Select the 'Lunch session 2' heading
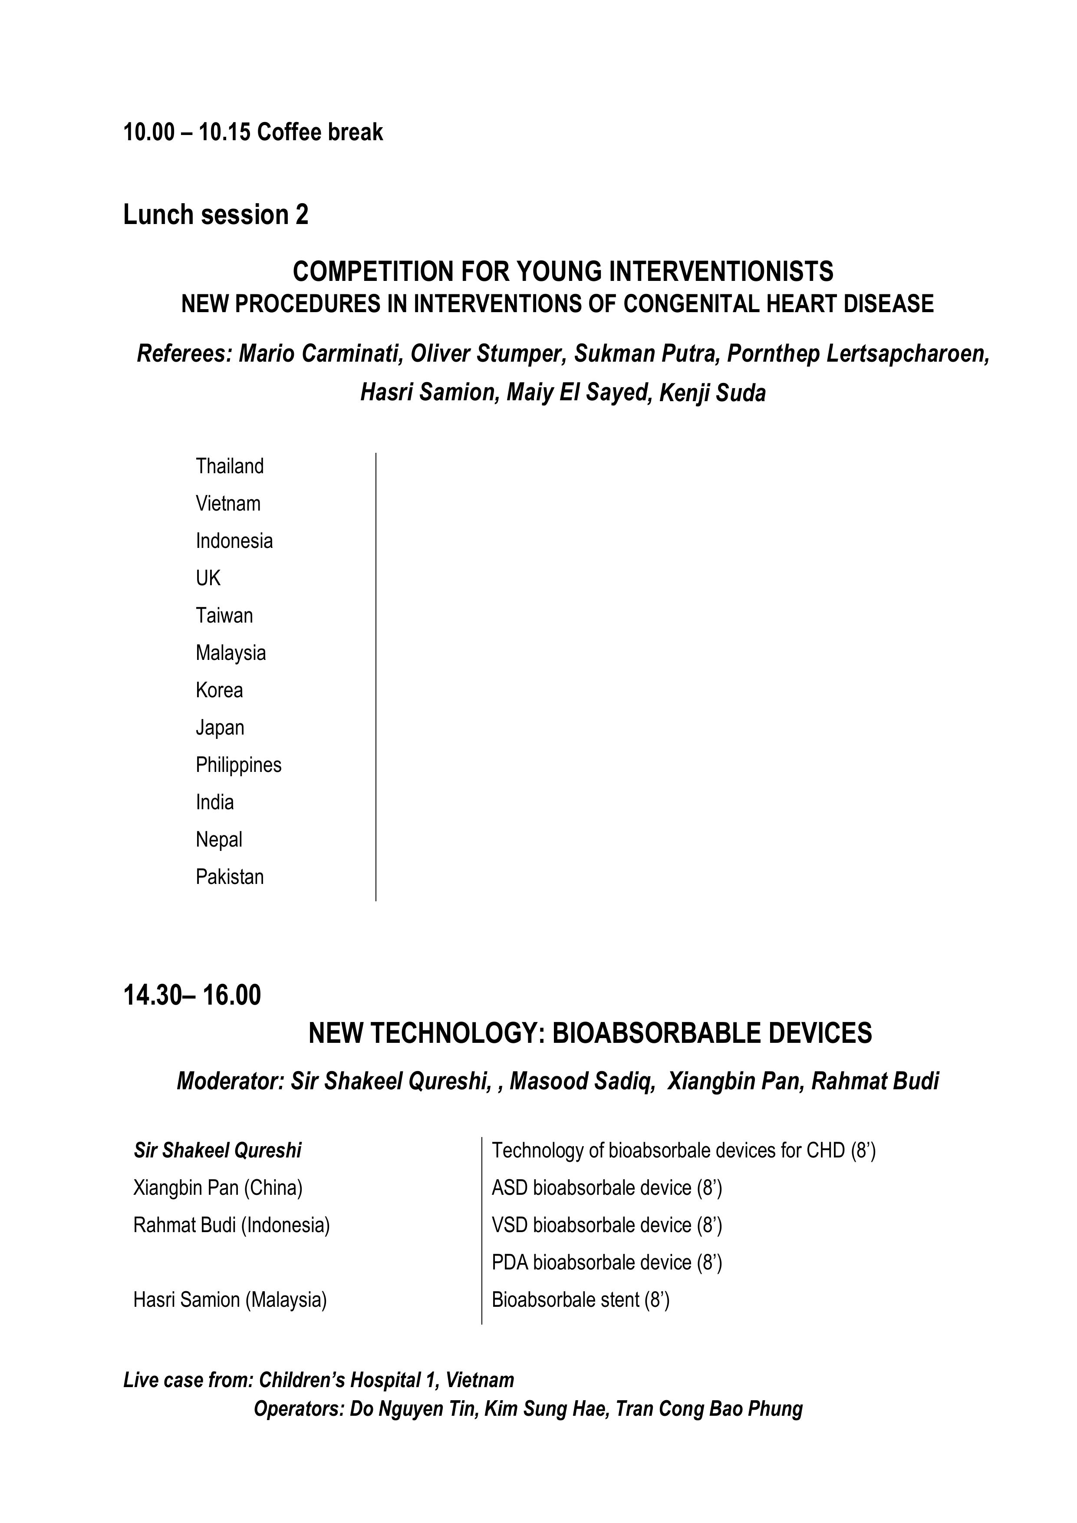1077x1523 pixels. tap(216, 215)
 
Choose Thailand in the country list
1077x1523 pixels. tap(230, 466)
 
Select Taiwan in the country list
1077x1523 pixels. tap(224, 616)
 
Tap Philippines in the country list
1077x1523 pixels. tap(238, 765)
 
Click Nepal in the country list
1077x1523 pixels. tap(219, 840)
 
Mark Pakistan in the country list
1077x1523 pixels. tap(230, 877)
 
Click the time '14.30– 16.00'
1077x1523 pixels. tap(192, 995)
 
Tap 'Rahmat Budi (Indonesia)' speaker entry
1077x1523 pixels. tap(231, 1224)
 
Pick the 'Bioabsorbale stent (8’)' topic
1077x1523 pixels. tap(580, 1299)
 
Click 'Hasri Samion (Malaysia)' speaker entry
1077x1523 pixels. tap(230, 1299)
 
